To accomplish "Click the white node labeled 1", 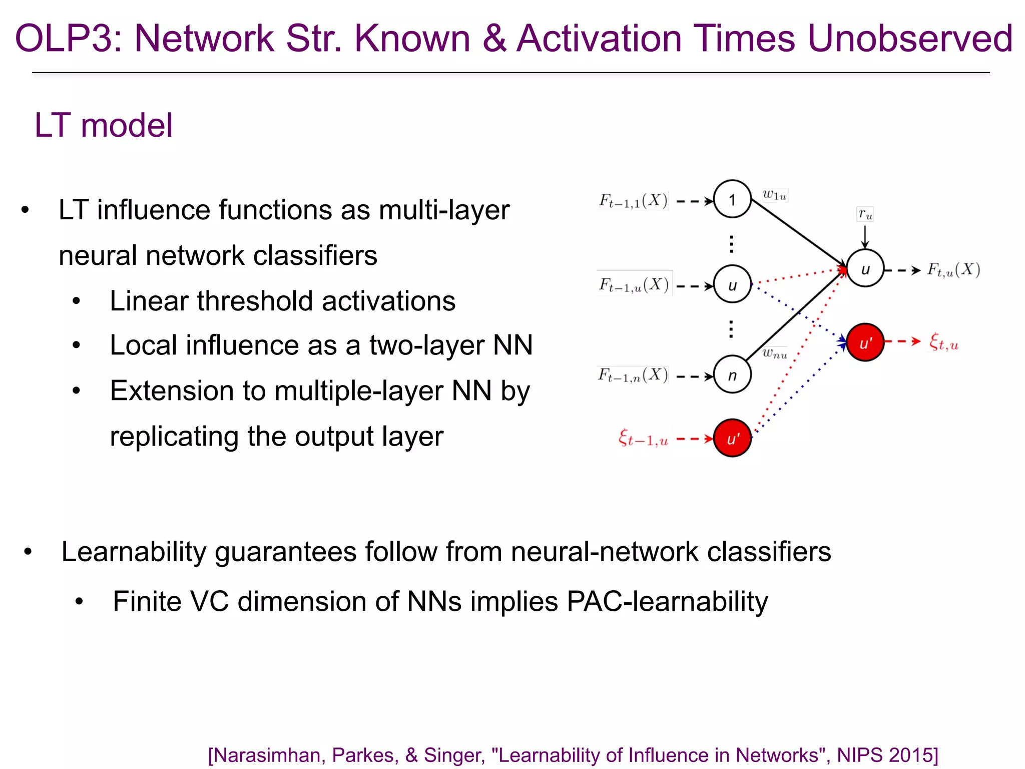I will click(732, 199).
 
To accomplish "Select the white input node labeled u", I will click(732, 284).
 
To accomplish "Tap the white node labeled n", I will click(732, 374).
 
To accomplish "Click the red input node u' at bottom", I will click(732, 438).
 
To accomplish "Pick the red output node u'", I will click(865, 342).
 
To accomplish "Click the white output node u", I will click(865, 268).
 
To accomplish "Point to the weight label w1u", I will click(774, 195).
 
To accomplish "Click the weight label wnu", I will click(774, 353).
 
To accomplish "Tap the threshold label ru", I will click(865, 214).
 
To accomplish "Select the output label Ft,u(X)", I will click(953, 270).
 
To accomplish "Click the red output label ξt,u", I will click(943, 342).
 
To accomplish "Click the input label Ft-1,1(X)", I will click(633, 201).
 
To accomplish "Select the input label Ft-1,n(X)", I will click(633, 375).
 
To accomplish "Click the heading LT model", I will click(104, 125).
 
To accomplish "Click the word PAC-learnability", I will click(667, 601).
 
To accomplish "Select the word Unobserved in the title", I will click(909, 39).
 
